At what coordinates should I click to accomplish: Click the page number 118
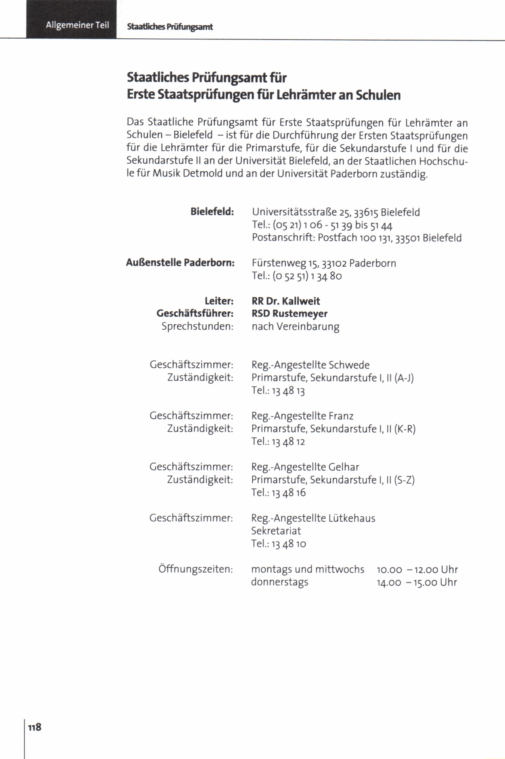pos(35,727)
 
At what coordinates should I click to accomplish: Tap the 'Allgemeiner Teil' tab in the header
pos(77,25)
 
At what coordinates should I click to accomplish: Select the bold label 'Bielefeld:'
pos(212,212)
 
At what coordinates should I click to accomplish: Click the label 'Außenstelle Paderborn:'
pos(180,263)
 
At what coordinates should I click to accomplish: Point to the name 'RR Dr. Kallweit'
pos(286,301)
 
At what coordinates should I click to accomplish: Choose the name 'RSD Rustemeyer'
pos(289,313)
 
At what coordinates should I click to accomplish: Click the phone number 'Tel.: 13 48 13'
pos(278,390)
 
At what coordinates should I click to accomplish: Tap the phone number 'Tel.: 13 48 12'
pos(278,441)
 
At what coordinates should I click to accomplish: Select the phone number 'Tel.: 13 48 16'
pos(278,492)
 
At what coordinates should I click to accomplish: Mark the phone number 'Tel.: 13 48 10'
pos(278,544)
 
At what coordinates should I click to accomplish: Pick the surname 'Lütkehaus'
pos(352,518)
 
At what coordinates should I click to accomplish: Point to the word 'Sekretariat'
pos(276,531)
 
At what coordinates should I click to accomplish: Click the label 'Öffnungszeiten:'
pos(196,569)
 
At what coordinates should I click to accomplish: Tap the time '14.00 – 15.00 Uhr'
pos(417,582)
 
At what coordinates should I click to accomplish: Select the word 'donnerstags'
pos(280,582)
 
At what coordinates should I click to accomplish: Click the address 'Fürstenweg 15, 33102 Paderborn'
pos(324,263)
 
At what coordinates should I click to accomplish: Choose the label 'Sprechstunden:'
pos(197,326)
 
